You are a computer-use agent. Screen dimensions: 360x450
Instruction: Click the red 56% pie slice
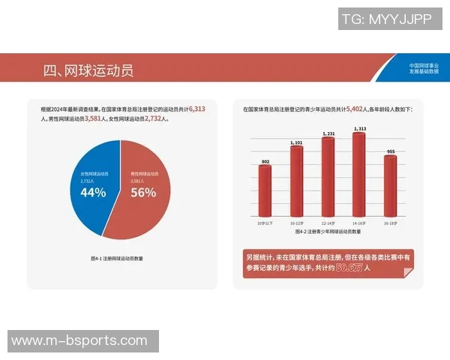pos(142,187)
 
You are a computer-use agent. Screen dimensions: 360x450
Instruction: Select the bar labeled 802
pos(265,191)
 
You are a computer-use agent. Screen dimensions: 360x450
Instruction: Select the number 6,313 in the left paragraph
pos(196,109)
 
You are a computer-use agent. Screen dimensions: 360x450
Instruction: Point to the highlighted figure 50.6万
pos(348,267)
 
